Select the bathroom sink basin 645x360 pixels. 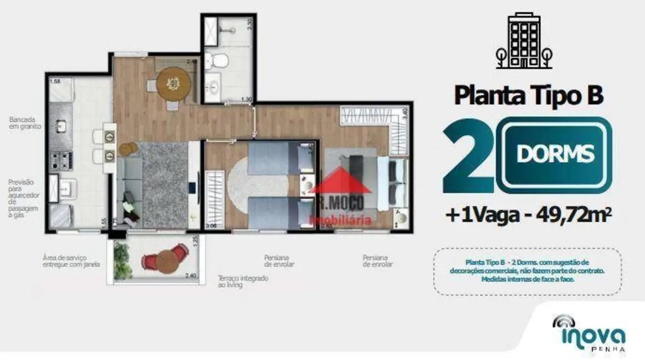point(214,87)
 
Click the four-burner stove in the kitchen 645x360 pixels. point(61,160)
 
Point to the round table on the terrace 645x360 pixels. point(166,260)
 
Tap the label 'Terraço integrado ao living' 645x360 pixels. point(242,281)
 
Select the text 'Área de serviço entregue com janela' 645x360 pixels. point(71,261)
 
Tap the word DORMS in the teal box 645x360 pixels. point(555,154)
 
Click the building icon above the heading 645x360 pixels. point(524,40)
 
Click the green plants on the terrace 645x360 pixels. point(122,260)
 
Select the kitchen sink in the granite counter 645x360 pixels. point(61,127)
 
